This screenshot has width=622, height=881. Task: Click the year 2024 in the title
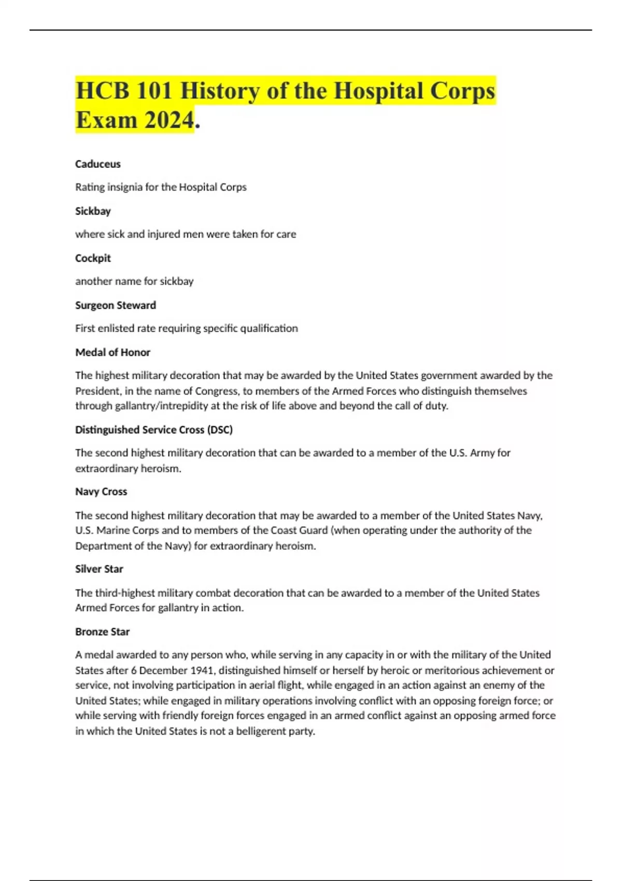pos(169,120)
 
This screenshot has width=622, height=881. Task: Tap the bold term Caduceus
pos(98,164)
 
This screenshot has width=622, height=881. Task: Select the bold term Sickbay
pos(93,211)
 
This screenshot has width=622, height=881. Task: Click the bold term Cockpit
pos(93,258)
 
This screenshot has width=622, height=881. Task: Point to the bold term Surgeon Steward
pos(116,305)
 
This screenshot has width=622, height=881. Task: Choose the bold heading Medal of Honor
pos(112,352)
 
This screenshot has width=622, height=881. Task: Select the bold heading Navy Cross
pos(101,491)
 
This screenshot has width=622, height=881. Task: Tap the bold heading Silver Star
pos(99,569)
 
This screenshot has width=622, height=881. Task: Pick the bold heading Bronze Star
pos(102,632)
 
